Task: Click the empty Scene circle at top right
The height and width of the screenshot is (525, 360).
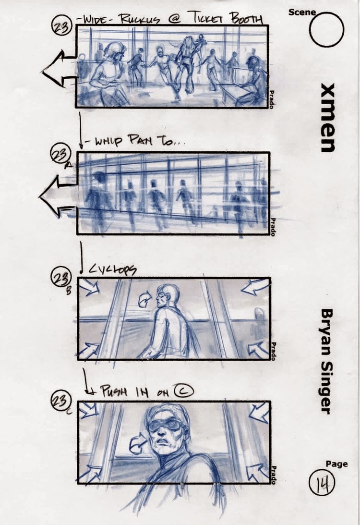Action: click(x=326, y=30)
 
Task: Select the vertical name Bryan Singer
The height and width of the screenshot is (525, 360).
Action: click(x=326, y=361)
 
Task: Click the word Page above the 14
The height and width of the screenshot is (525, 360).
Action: click(x=337, y=464)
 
